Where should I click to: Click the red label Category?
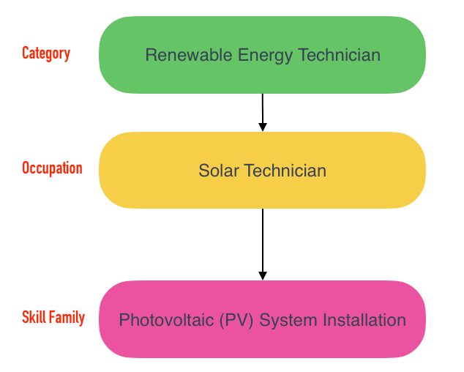click(46, 53)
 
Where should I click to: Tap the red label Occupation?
click(52, 168)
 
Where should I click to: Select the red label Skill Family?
click(53, 318)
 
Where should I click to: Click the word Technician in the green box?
click(340, 55)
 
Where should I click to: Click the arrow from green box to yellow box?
click(263, 110)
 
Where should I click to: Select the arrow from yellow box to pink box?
click(263, 242)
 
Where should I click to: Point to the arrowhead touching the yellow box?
click(263, 127)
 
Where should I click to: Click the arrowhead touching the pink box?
click(263, 275)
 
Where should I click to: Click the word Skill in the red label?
click(34, 318)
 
